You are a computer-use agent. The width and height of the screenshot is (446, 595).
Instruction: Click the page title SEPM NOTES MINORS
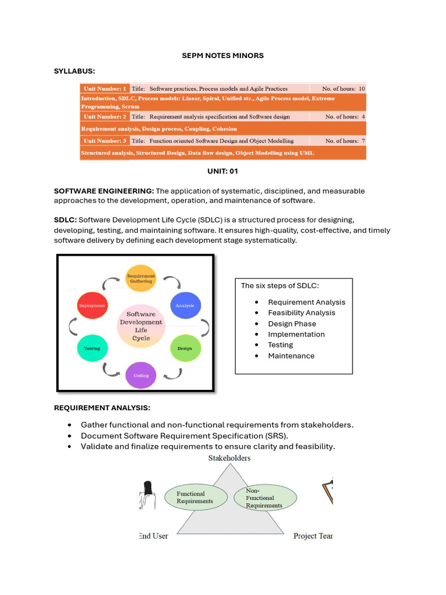pyautogui.click(x=222, y=55)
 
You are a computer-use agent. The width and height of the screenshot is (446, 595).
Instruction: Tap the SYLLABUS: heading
pyautogui.click(x=74, y=71)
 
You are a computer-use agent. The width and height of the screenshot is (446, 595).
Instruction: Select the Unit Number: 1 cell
pyautogui.click(x=105, y=89)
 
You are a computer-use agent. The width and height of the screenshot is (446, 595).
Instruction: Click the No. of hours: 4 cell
pyautogui.click(x=345, y=117)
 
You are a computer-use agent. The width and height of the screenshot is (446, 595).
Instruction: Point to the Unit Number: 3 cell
pyautogui.click(x=105, y=141)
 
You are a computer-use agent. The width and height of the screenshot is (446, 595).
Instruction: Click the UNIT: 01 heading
pyautogui.click(x=222, y=171)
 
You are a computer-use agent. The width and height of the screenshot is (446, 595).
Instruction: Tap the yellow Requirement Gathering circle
pyautogui.click(x=141, y=278)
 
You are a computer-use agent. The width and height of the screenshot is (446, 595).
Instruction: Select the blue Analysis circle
pyautogui.click(x=185, y=305)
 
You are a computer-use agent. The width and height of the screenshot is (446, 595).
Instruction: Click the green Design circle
pyautogui.click(x=185, y=349)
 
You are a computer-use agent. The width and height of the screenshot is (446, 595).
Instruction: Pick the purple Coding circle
pyautogui.click(x=141, y=375)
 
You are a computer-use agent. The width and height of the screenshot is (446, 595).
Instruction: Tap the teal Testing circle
pyautogui.click(x=92, y=349)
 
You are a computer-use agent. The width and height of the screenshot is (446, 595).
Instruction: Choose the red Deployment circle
pyautogui.click(x=92, y=305)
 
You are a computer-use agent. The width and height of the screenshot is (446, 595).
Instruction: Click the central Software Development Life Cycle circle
pyautogui.click(x=141, y=326)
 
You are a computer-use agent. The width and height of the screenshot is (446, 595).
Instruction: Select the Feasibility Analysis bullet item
pyautogui.click(x=301, y=313)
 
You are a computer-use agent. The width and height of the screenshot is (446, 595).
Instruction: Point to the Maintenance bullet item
pyautogui.click(x=291, y=356)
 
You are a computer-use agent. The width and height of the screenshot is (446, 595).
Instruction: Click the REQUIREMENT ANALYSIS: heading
pyautogui.click(x=102, y=408)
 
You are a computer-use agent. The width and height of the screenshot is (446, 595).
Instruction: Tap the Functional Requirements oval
pyautogui.click(x=195, y=497)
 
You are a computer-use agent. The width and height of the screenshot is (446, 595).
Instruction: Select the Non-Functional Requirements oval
pyautogui.click(x=265, y=498)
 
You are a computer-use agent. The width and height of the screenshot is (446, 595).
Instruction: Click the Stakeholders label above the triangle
pyautogui.click(x=229, y=458)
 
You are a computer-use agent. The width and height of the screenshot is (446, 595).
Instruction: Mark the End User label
pyautogui.click(x=154, y=536)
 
